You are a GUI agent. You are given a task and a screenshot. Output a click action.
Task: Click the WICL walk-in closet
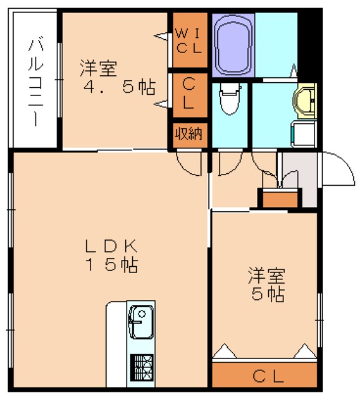188,41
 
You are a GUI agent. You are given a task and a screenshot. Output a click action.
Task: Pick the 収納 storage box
188,134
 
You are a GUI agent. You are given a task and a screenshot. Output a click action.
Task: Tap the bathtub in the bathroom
233,44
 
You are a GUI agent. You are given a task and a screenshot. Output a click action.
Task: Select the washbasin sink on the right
305,100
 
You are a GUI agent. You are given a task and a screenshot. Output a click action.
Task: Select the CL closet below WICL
188,95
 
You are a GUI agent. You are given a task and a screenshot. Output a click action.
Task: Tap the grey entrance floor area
299,178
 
